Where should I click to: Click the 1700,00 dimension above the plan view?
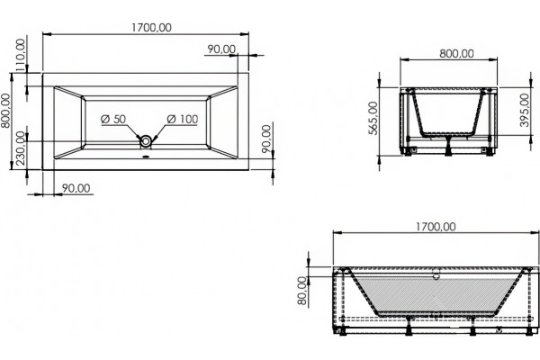click(x=151, y=28)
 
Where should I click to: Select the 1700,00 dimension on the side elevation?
click(x=436, y=227)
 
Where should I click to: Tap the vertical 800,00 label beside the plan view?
click(x=6, y=111)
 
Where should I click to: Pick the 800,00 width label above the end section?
click(x=456, y=53)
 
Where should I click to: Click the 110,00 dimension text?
click(x=21, y=55)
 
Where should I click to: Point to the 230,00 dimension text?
click(x=21, y=148)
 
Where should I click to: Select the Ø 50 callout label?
click(x=113, y=119)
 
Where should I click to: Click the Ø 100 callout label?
click(x=183, y=119)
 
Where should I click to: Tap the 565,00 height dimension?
click(x=373, y=118)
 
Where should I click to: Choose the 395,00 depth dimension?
click(x=525, y=110)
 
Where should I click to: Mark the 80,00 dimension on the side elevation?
click(x=302, y=291)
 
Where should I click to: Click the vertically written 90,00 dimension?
click(x=266, y=139)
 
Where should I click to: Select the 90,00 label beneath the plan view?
click(x=76, y=188)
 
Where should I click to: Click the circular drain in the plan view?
click(x=147, y=140)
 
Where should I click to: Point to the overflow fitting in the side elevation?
click(x=436, y=275)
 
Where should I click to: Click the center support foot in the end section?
click(x=448, y=146)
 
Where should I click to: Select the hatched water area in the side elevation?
click(x=436, y=295)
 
